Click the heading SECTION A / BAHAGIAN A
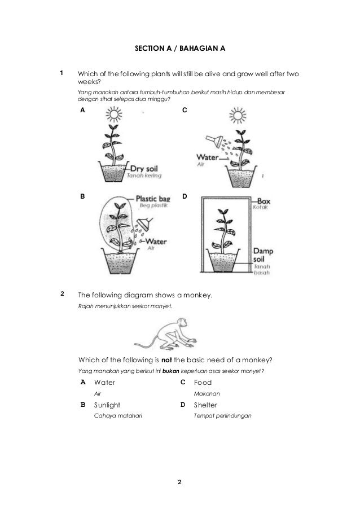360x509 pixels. [x=179, y=49]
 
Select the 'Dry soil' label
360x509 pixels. [x=146, y=168]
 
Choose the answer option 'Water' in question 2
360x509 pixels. [x=104, y=382]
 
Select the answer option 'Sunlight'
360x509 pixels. [x=107, y=405]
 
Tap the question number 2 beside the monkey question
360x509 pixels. [x=63, y=293]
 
